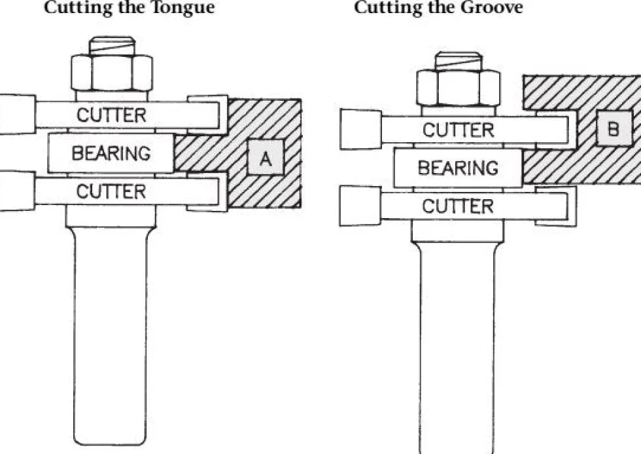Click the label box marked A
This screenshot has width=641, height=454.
pyautogui.click(x=266, y=157)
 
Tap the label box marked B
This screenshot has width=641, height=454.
pyautogui.click(x=614, y=128)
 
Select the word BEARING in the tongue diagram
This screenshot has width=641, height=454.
pyautogui.click(x=111, y=153)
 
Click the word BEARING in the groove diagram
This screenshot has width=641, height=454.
pyautogui.click(x=458, y=168)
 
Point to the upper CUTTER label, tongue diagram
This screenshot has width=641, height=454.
pyautogui.click(x=111, y=115)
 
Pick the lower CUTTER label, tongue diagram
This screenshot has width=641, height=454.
pyautogui.click(x=111, y=191)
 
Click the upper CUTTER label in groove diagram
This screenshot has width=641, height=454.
pyautogui.click(x=459, y=130)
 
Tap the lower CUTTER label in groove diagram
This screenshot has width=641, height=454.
pyautogui.click(x=458, y=206)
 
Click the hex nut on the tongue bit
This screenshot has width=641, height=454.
pyautogui.click(x=112, y=73)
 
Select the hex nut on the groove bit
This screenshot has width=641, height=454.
pyautogui.click(x=459, y=88)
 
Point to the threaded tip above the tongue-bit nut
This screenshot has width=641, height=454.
pyautogui.click(x=112, y=45)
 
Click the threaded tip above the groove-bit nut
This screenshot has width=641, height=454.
pyautogui.click(x=459, y=60)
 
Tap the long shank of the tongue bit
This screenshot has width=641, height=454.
pyautogui.click(x=111, y=335)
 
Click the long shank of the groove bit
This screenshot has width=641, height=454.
pyautogui.click(x=457, y=348)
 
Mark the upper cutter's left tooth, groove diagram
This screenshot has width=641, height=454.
pyautogui.click(x=360, y=129)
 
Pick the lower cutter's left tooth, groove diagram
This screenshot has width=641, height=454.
pyautogui.click(x=360, y=206)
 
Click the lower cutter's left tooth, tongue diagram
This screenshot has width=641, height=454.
pyautogui.click(x=17, y=191)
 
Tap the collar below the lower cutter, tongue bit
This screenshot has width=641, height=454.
pyautogui.click(x=111, y=216)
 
